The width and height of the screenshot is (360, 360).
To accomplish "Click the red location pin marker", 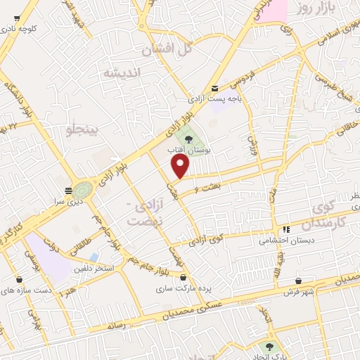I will tap(181, 166).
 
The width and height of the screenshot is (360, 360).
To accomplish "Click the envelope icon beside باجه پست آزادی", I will tap(214, 89).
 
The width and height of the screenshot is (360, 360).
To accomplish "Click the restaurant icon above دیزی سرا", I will tap(68, 190).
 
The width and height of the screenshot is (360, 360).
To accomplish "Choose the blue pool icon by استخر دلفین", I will tap(94, 248).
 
